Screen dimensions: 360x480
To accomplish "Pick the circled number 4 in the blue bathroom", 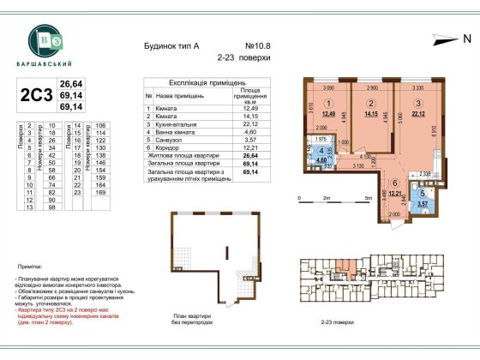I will [321, 149].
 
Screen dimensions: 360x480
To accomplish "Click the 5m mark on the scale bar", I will [368, 196].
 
